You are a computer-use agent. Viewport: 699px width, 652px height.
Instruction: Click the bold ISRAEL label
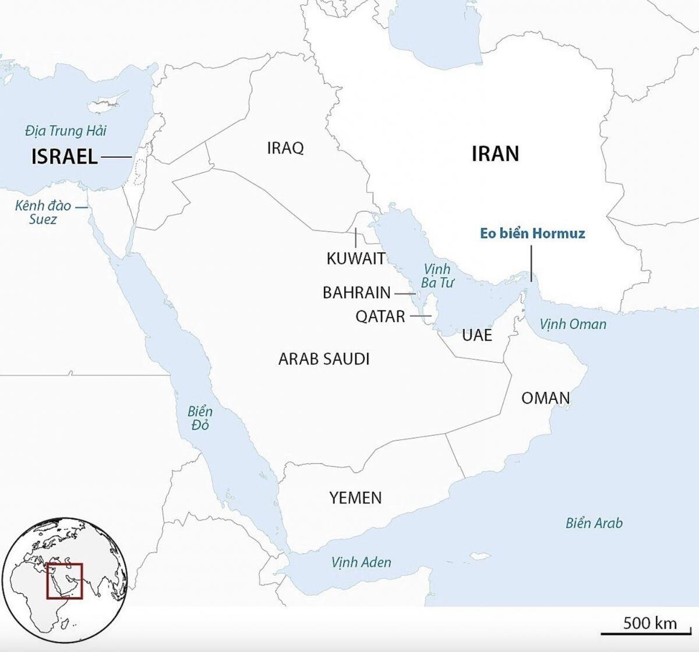64,157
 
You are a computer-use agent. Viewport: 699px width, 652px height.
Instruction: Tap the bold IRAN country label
495,154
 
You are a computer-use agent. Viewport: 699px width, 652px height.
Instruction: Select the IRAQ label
285,148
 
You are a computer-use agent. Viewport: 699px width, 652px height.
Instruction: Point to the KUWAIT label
356,258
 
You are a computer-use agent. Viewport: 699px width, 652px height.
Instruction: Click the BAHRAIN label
356,292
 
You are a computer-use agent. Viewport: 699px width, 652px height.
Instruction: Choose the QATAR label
380,317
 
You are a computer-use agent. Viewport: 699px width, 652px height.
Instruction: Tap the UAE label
477,335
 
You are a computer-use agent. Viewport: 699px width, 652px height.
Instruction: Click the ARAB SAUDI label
324,359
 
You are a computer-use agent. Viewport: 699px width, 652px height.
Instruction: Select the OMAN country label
545,398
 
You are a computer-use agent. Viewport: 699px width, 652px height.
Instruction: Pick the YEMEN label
355,498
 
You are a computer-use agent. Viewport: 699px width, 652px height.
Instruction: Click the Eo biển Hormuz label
532,234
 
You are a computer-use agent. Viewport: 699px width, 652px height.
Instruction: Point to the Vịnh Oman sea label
573,324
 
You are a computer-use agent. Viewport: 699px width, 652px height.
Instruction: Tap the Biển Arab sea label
594,523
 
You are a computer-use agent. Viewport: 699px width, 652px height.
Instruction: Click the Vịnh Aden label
361,562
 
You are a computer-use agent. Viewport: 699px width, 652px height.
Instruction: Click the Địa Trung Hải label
66,131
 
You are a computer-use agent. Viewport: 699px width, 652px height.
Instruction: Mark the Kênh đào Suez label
43,212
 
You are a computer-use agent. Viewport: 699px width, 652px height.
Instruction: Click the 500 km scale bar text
650,623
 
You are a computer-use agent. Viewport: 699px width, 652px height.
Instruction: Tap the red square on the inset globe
65,581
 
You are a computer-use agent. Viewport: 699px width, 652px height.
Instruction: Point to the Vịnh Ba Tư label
437,276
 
